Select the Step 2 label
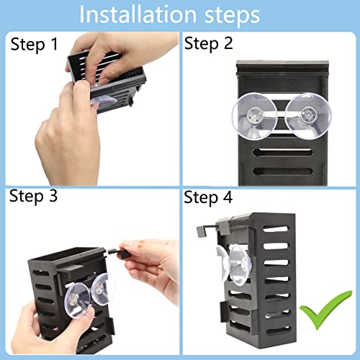(x=209, y=45)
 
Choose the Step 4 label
(x=209, y=197)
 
